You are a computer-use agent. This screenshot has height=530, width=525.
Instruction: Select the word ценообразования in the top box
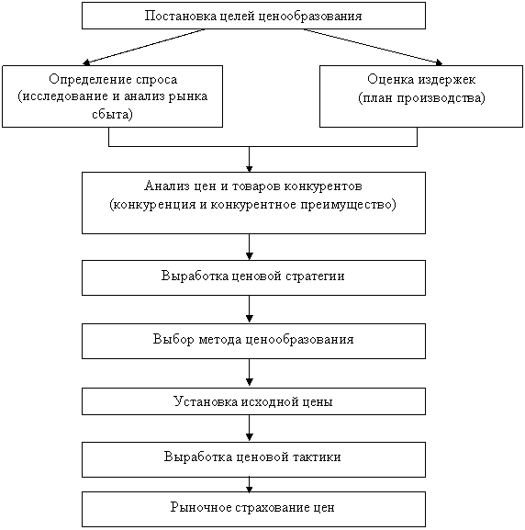tap(310, 17)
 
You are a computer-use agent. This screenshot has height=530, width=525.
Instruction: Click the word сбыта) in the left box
tap(113, 114)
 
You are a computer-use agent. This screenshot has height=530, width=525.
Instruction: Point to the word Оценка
tap(391, 79)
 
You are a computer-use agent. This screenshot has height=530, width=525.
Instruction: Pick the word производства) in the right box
tap(441, 98)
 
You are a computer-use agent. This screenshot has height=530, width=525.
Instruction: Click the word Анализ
tap(165, 186)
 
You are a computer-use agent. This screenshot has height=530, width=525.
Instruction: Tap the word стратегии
tap(315, 276)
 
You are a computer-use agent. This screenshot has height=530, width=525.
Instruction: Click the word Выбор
tap(173, 339)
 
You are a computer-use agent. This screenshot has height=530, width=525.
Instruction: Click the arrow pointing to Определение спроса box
tap(144, 46)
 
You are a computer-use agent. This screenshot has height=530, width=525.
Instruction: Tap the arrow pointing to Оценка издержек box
tap(373, 46)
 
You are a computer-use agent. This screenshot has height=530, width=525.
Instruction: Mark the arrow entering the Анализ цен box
tap(250, 159)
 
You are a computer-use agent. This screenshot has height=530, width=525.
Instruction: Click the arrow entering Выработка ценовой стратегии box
tap(250, 247)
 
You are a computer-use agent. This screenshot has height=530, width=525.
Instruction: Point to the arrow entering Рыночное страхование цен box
tap(250, 484)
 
